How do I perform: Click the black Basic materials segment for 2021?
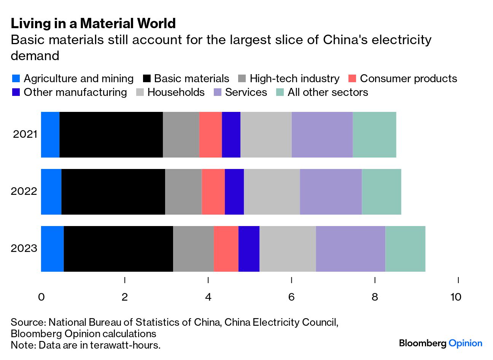(111, 134)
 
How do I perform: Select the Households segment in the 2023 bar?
(288, 249)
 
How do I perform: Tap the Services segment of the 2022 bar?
(331, 192)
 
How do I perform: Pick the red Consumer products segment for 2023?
(226, 249)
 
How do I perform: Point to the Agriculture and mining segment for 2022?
(51, 192)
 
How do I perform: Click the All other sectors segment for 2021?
(374, 134)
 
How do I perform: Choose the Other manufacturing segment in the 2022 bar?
(234, 192)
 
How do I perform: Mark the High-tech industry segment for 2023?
(193, 249)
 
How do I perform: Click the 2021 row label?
(25, 134)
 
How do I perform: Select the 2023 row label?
(24, 248)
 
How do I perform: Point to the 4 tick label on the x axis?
(208, 297)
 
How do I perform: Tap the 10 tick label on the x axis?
(456, 297)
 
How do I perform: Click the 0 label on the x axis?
(41, 297)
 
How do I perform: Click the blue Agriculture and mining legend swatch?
(16, 79)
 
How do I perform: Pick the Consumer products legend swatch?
(352, 79)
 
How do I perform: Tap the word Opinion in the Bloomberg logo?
(465, 343)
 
